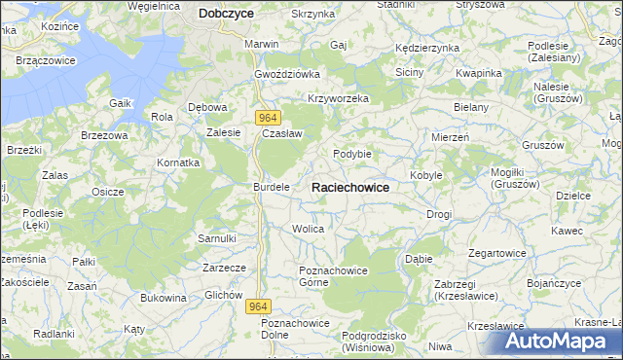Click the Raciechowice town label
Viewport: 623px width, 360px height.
click(350, 187)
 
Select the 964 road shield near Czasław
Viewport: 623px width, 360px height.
click(271, 117)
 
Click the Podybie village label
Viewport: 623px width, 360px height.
click(352, 154)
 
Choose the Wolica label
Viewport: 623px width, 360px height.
click(308, 229)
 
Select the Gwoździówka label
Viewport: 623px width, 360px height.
click(287, 74)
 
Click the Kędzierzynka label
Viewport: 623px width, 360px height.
click(426, 48)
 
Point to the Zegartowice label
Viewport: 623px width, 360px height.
click(497, 253)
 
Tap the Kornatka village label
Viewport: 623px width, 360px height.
click(179, 162)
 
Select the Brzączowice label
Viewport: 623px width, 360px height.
click(47, 60)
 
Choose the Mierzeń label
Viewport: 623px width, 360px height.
click(451, 138)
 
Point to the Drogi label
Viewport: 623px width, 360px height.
click(439, 213)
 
